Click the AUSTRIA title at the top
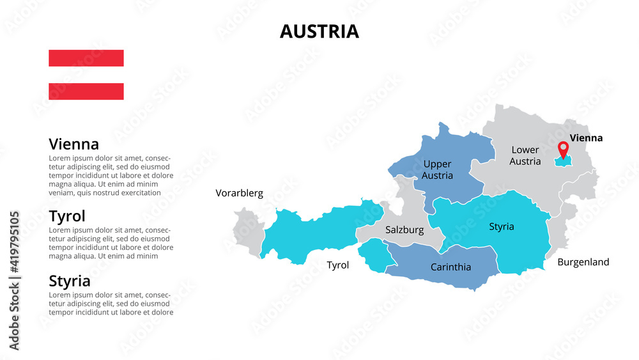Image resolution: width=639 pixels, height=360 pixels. tap(319, 31)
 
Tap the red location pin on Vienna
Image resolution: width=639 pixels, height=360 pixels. tap(563, 149)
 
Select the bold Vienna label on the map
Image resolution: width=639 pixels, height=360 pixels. tap(586, 137)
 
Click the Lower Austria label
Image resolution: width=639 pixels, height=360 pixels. tap(525, 155)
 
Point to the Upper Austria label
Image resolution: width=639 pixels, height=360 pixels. tap(438, 169)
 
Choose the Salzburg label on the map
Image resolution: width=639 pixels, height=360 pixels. tap(404, 230)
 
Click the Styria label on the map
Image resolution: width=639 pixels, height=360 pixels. tap(502, 226)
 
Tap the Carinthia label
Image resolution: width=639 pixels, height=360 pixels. tap(450, 267)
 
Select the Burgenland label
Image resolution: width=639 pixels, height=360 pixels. tap(583, 262)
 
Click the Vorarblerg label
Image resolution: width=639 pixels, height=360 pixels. tap(239, 192)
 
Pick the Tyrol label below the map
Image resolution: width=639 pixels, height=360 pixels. tap(337, 265)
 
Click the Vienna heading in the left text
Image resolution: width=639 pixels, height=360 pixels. tap(73, 144)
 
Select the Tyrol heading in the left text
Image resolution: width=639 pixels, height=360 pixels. tap(66, 215)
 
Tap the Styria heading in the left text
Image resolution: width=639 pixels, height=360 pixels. tap(69, 281)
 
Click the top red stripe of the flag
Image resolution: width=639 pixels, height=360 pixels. tap(86, 58)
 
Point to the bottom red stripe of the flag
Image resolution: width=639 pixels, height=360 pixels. tap(86, 91)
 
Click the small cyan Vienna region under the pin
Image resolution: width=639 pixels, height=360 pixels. tap(564, 162)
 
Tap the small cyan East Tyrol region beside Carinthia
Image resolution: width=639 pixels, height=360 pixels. tap(374, 254)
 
